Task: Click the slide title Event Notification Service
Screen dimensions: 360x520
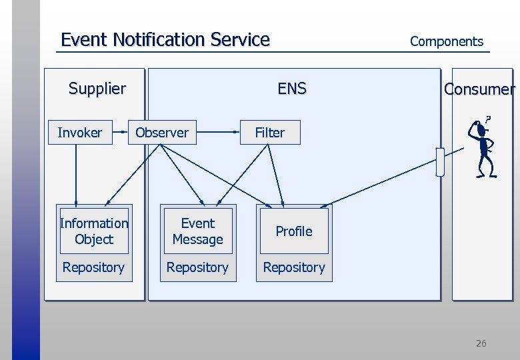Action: coord(165,40)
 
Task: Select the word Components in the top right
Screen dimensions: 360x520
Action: coord(446,41)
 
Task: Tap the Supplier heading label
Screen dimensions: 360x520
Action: coord(97,88)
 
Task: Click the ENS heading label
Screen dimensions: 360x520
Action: coord(292,88)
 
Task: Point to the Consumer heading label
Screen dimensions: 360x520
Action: coord(479,89)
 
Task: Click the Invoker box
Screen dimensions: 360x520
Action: coord(79,133)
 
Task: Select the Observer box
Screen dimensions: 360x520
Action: coord(162,133)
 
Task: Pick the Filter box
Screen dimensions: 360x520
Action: coord(270,133)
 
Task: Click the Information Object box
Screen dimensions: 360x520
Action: coord(93,231)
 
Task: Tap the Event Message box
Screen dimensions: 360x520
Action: coord(198,231)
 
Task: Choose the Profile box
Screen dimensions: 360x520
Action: coord(294,231)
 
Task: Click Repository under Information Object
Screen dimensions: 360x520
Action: coord(93,267)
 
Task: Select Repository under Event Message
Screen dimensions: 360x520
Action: coord(198,267)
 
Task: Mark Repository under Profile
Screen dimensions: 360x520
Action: coord(294,267)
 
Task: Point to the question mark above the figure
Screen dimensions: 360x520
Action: coord(488,119)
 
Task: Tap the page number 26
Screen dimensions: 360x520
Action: coord(481,343)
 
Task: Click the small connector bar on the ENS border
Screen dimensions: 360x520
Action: coord(439,162)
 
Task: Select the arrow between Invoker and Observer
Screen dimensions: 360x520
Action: coord(119,133)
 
